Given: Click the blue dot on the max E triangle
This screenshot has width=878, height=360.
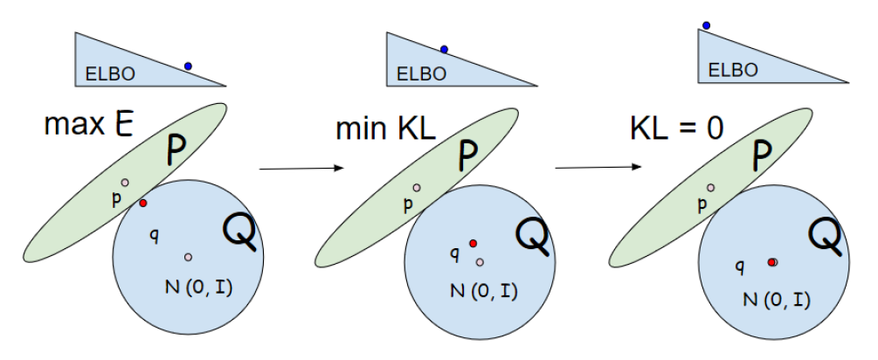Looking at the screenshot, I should (x=188, y=66).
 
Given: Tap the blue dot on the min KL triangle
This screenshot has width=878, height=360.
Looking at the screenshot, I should (x=444, y=49).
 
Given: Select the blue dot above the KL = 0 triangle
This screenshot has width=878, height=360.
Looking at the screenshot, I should (x=706, y=25).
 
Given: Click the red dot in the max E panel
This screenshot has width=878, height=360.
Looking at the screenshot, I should (x=143, y=203).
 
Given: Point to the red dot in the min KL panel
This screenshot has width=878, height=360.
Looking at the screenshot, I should (x=473, y=243).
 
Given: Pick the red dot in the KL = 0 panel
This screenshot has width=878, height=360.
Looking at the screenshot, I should (x=772, y=261).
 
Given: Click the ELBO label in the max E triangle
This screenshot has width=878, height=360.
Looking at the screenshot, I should (x=110, y=75).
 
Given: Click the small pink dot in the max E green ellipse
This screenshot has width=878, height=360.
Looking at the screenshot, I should (x=125, y=183).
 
